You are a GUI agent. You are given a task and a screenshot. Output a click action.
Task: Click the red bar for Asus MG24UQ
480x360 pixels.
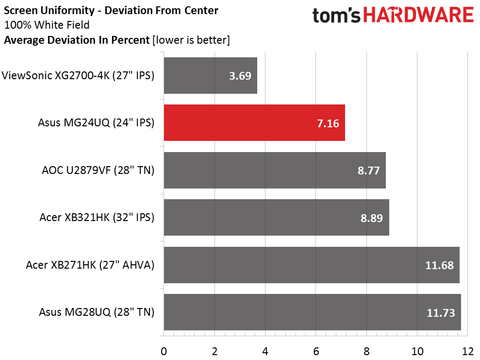[254, 122]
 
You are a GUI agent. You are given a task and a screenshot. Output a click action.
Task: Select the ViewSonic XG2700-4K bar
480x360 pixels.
[211, 75]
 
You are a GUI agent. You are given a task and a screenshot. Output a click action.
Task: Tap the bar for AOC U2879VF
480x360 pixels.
[275, 170]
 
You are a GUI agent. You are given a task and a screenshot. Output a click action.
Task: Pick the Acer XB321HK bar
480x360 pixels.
[277, 218]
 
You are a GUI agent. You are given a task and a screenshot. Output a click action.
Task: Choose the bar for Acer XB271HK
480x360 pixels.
[312, 265]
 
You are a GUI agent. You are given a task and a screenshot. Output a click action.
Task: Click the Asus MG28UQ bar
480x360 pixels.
[313, 312]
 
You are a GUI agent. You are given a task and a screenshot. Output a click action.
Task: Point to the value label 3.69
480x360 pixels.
[240, 76]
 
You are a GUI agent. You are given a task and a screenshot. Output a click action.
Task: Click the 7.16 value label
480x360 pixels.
[328, 123]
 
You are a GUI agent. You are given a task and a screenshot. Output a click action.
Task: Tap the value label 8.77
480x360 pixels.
[368, 171]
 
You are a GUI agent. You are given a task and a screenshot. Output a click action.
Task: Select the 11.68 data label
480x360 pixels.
[440, 265]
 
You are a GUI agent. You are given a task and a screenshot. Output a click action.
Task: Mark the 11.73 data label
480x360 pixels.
[441, 313]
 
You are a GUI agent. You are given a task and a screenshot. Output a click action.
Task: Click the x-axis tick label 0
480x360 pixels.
[164, 351]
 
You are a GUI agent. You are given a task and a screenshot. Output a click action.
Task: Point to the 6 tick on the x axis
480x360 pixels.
[316, 351]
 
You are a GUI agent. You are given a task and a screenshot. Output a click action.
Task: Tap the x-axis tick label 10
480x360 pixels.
[417, 351]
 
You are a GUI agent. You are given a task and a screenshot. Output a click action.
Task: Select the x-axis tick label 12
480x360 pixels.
[467, 351]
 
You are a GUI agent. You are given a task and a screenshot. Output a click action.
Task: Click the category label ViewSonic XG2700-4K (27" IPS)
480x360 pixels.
[78, 75]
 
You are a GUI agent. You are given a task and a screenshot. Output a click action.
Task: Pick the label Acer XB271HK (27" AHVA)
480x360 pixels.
[90, 265]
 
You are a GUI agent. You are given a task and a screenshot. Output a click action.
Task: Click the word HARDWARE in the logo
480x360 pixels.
[418, 16]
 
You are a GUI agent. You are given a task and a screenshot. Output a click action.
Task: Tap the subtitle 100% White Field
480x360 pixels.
[47, 25]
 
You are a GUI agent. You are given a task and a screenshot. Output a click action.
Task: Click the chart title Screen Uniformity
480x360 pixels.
[50, 11]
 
